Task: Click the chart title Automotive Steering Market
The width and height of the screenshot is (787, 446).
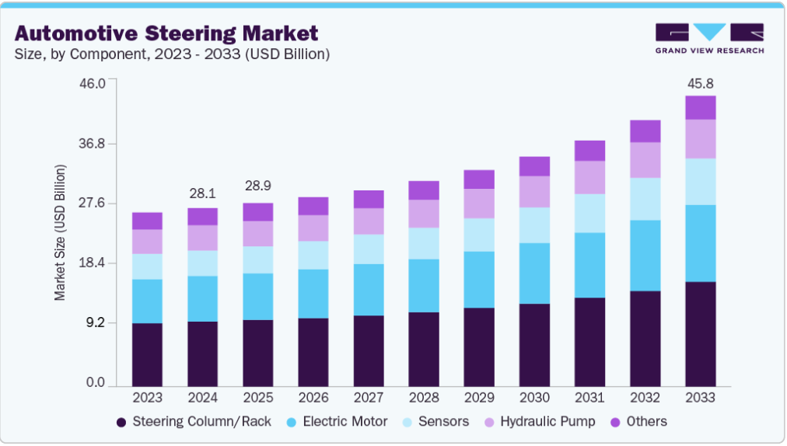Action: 166,33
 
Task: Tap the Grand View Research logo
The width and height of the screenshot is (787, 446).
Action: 709,38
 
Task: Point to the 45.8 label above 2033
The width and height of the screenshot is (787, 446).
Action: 700,82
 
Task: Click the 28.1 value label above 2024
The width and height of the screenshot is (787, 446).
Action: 202,193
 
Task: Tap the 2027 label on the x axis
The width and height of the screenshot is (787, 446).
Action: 368,398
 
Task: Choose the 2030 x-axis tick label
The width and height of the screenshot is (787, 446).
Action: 534,398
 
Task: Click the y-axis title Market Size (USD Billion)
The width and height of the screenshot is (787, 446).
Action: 60,233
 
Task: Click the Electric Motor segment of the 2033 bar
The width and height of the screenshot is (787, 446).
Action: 700,243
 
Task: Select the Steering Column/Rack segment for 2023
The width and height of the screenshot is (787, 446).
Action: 147,354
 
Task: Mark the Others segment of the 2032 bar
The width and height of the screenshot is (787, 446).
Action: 645,131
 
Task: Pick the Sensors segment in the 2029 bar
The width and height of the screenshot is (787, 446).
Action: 479,235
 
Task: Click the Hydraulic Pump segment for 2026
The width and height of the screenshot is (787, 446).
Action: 313,228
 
